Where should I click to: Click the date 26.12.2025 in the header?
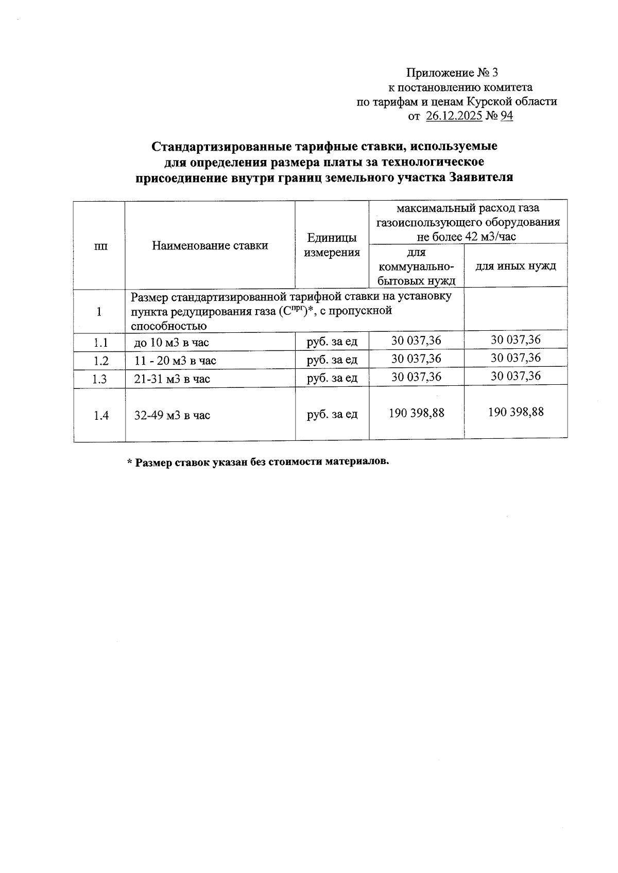point(454,116)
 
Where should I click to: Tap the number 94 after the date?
point(506,116)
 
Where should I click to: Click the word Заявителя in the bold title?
point(481,178)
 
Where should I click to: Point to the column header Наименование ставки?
point(210,245)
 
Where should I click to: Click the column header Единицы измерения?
point(332,245)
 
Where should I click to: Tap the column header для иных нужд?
point(515,266)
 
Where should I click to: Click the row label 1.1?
point(100,343)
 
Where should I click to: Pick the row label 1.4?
point(101,416)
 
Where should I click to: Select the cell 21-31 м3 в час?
point(172,379)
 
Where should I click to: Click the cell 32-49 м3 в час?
point(172,416)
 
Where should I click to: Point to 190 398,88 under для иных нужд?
point(515,412)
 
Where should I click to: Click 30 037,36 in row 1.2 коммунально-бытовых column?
point(416,359)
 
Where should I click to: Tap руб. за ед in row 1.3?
point(332,378)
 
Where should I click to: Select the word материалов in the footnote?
point(355,461)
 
